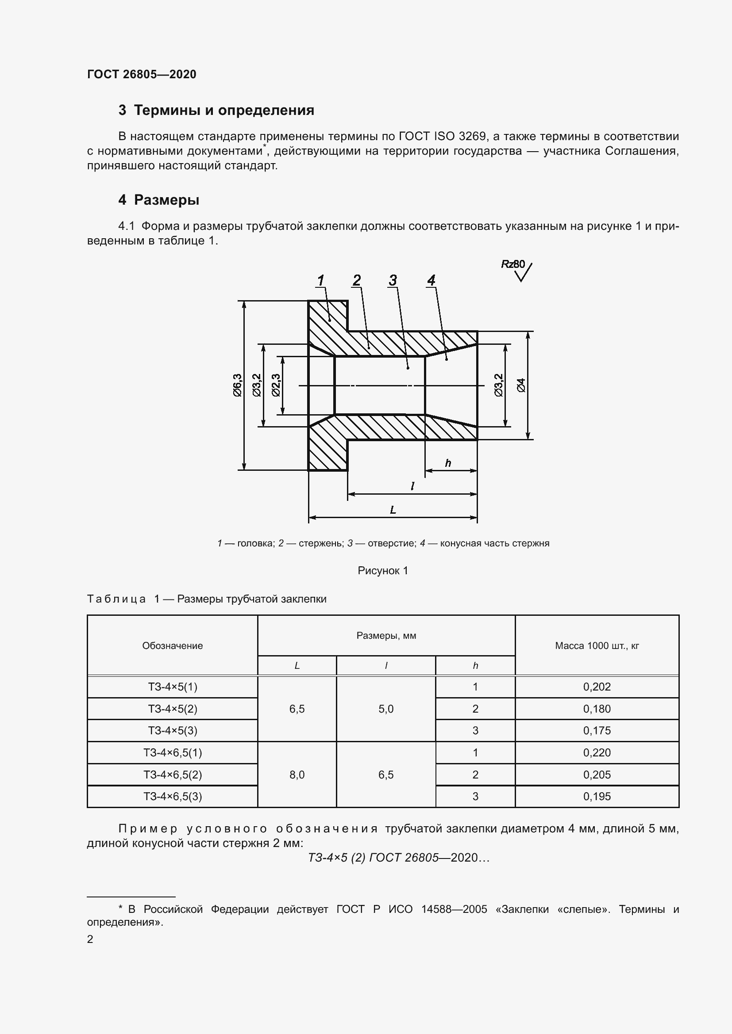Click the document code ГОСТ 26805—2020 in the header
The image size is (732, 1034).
point(142,74)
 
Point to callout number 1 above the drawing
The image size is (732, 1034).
point(320,281)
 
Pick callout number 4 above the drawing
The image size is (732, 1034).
point(431,281)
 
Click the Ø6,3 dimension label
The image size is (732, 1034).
point(238,385)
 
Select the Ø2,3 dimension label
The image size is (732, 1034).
point(276,385)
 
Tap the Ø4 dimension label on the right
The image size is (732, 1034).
point(521,385)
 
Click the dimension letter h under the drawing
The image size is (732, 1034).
point(447,463)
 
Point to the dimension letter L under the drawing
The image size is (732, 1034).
point(393,510)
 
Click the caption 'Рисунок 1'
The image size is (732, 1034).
point(383,571)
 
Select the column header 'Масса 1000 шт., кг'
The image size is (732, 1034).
point(597,645)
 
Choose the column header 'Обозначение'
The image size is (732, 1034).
point(172,645)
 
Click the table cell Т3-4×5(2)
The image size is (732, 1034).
point(173,709)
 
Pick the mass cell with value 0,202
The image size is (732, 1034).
point(597,687)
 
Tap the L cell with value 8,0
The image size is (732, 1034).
point(297,775)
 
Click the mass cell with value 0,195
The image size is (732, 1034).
point(597,796)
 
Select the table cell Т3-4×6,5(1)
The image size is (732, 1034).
point(173,752)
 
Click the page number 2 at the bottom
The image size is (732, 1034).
point(90,939)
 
